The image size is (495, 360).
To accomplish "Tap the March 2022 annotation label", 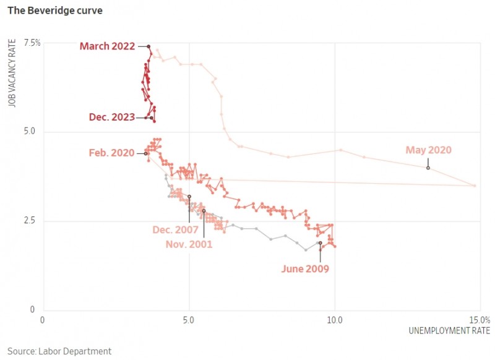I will pyautogui.click(x=107, y=46).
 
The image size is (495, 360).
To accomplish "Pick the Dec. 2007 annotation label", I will pyautogui.click(x=175, y=230).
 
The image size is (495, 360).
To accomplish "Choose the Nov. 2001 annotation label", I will pyautogui.click(x=189, y=244).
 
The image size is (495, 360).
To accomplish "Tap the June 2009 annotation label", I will pyautogui.click(x=304, y=268).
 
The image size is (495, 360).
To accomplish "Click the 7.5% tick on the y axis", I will pyautogui.click(x=32, y=43).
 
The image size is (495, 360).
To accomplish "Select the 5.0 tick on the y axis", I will pyautogui.click(x=35, y=132).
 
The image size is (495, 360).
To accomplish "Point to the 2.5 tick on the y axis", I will pyautogui.click(x=35, y=221).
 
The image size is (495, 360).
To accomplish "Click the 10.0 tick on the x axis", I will pyautogui.click(x=335, y=320).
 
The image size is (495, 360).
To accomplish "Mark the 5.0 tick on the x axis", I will pyautogui.click(x=189, y=320).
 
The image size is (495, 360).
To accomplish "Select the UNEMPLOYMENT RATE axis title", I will pyautogui.click(x=449, y=331).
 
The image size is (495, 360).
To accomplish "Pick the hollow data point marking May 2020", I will pyautogui.click(x=428, y=168).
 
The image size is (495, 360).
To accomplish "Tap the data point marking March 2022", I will pyautogui.click(x=148, y=46).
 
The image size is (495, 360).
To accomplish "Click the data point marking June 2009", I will pyautogui.click(x=320, y=243).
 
